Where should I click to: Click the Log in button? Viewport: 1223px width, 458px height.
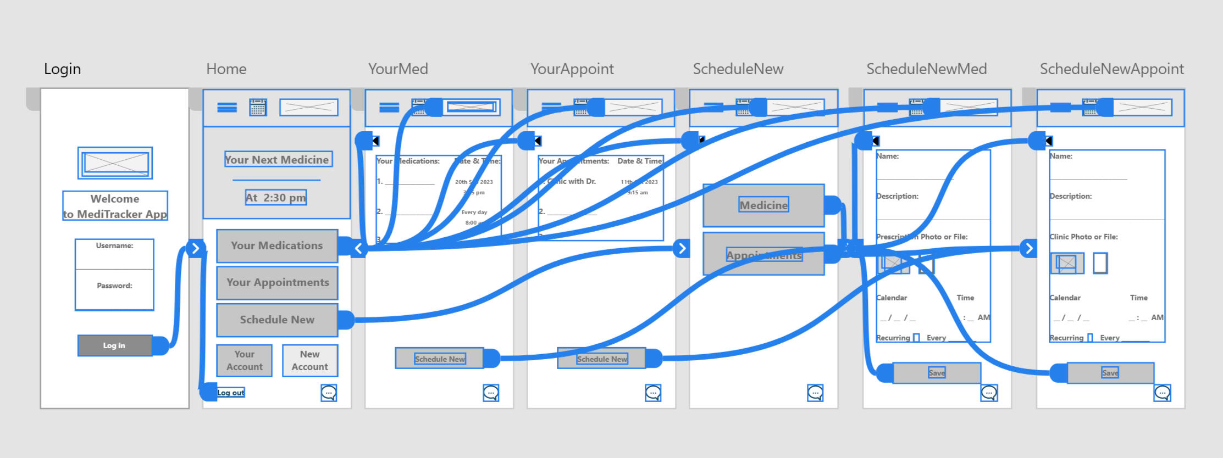point(115,345)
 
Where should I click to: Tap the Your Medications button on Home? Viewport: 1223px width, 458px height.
point(276,245)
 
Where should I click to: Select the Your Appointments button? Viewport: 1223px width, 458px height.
point(277,282)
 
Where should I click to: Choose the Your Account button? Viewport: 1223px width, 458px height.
point(244,360)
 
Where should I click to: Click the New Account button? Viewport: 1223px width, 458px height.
point(309,360)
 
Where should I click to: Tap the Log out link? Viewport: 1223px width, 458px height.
point(230,393)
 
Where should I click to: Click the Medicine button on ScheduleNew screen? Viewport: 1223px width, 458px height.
point(763,205)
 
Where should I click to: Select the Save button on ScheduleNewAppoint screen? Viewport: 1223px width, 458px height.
point(1110,373)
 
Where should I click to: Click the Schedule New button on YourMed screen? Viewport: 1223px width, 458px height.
point(439,359)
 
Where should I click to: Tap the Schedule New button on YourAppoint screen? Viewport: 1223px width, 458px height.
point(601,359)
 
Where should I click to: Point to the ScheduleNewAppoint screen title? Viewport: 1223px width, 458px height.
point(1111,69)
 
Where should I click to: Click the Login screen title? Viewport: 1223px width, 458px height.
point(62,69)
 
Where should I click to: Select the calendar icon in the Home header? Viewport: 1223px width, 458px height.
point(258,107)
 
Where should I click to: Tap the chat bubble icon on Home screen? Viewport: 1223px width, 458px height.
point(329,393)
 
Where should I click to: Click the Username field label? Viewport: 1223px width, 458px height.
point(114,245)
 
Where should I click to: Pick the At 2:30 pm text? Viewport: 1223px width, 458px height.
point(276,198)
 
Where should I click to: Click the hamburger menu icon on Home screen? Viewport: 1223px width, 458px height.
point(227,108)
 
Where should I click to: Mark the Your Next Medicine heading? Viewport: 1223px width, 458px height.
point(277,160)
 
